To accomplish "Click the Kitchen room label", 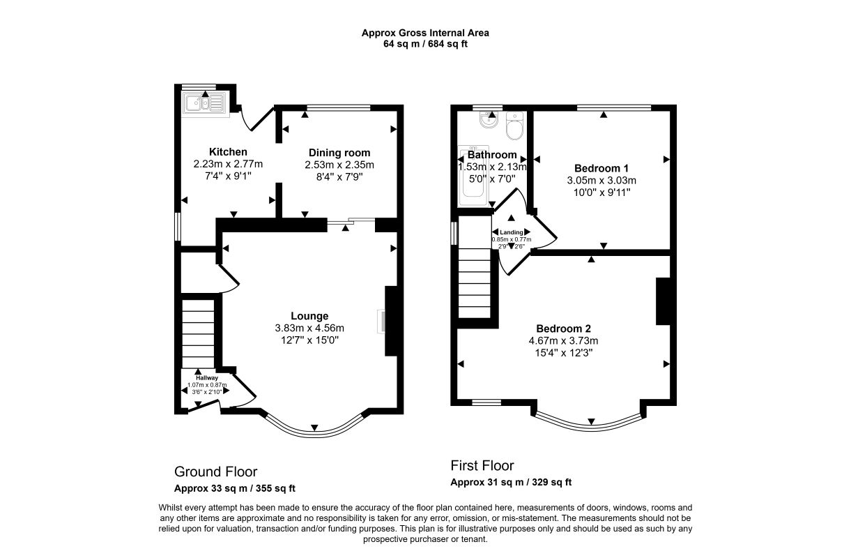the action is point(228,152).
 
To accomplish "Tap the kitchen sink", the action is point(205,103).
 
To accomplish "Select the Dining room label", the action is point(339,153).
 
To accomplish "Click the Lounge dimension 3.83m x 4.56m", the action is point(309,328).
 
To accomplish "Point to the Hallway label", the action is point(207,378).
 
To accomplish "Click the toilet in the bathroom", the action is point(515,126).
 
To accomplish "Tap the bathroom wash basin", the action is point(488,119).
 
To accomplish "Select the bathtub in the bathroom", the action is point(473,176).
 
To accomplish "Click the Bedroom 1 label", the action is point(601,168).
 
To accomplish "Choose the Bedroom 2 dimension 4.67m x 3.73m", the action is point(563,341).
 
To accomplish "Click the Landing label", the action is point(512,232).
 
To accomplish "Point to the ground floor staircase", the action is point(198,333).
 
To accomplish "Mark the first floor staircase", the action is point(475,267).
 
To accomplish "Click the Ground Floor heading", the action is point(215,472).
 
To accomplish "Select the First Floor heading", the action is point(482,466).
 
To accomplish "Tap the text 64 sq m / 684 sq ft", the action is point(425,44).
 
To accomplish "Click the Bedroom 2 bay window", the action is point(591,425).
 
